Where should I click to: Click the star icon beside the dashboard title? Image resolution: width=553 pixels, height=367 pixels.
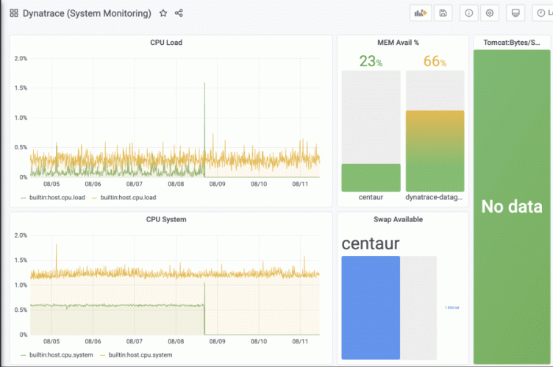[163, 13]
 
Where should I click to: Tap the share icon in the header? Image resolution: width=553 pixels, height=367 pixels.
[179, 13]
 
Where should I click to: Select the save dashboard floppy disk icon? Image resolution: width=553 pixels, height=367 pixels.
[442, 13]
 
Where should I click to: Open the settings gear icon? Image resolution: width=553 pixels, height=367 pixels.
[490, 13]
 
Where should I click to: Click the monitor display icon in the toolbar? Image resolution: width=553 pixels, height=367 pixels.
[515, 13]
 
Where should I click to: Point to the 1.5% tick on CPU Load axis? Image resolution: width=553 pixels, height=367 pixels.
[21, 88]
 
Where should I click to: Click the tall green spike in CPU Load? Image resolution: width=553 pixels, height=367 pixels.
[204, 110]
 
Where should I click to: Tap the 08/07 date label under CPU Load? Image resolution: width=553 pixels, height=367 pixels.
[135, 185]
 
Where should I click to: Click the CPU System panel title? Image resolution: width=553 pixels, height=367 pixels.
[166, 219]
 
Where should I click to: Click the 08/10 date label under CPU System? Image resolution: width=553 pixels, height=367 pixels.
[260, 342]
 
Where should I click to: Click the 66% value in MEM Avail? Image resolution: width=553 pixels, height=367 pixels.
[435, 62]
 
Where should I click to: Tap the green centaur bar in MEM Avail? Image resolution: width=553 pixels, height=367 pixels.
[371, 177]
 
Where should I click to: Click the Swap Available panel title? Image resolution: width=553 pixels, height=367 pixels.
[403, 219]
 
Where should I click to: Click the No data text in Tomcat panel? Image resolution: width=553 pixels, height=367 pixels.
[512, 207]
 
